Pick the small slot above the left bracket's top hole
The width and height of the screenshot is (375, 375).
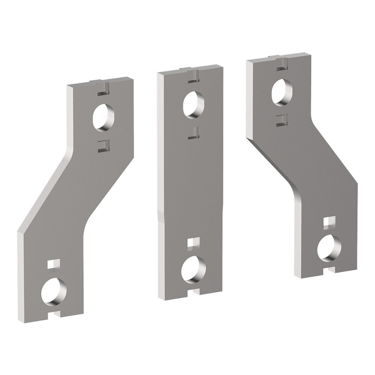[103, 90]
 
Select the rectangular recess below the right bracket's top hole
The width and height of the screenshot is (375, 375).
[281, 118]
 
